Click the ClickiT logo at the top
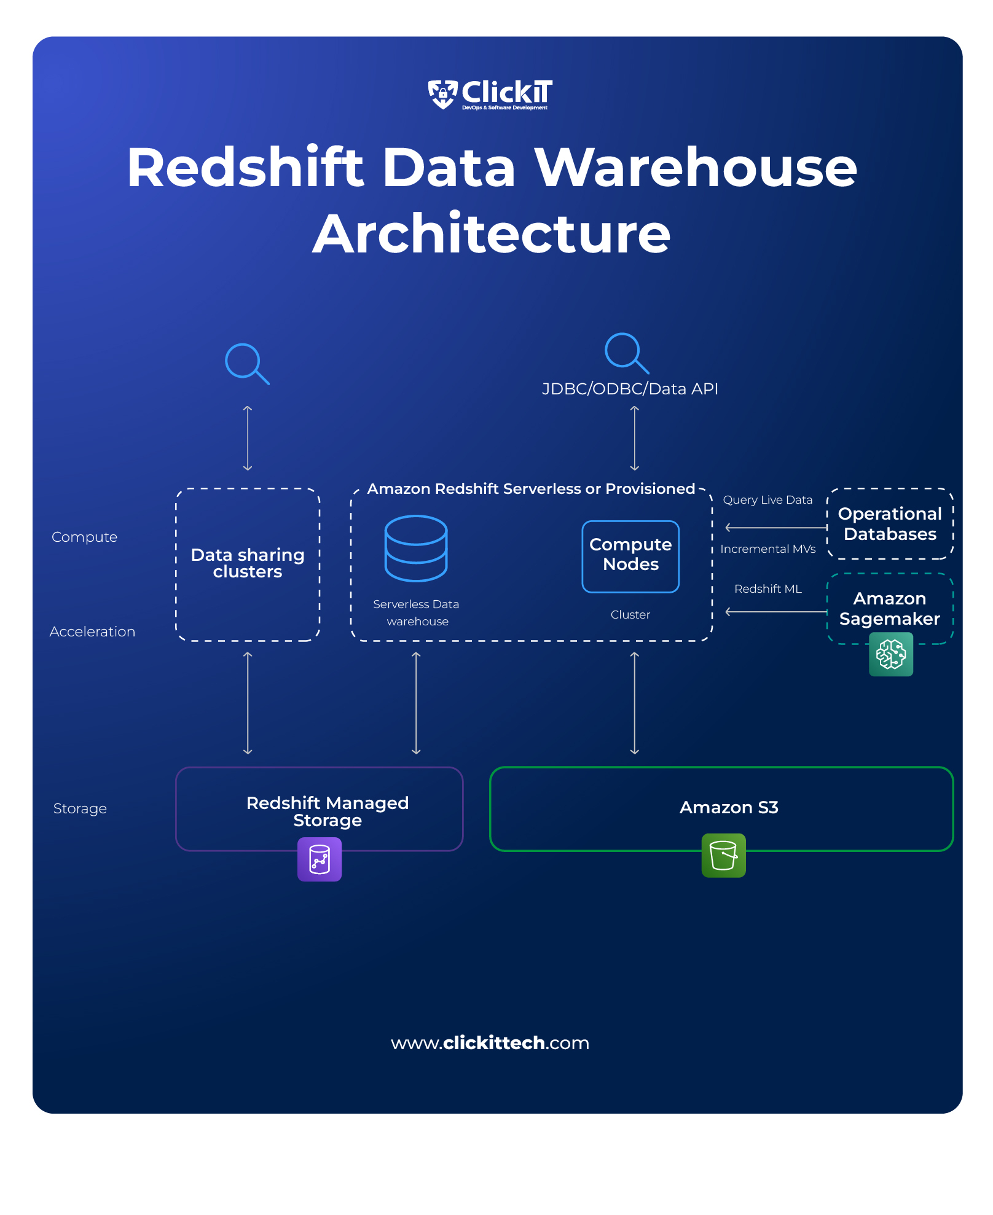click(490, 95)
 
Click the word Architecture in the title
click(491, 234)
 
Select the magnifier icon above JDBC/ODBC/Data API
click(626, 353)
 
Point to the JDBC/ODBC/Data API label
click(630, 389)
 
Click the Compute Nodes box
click(630, 556)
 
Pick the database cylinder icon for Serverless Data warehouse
click(416, 548)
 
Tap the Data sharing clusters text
click(248, 563)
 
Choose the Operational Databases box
click(890, 524)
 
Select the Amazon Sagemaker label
click(889, 608)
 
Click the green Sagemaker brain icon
click(891, 654)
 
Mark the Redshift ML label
click(768, 589)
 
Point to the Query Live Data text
click(767, 500)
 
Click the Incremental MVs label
click(767, 549)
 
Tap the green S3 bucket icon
click(723, 855)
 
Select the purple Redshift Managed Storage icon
click(320, 859)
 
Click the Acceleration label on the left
click(92, 631)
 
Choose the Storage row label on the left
click(80, 808)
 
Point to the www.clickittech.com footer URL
click(490, 1043)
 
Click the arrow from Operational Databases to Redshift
click(776, 528)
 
